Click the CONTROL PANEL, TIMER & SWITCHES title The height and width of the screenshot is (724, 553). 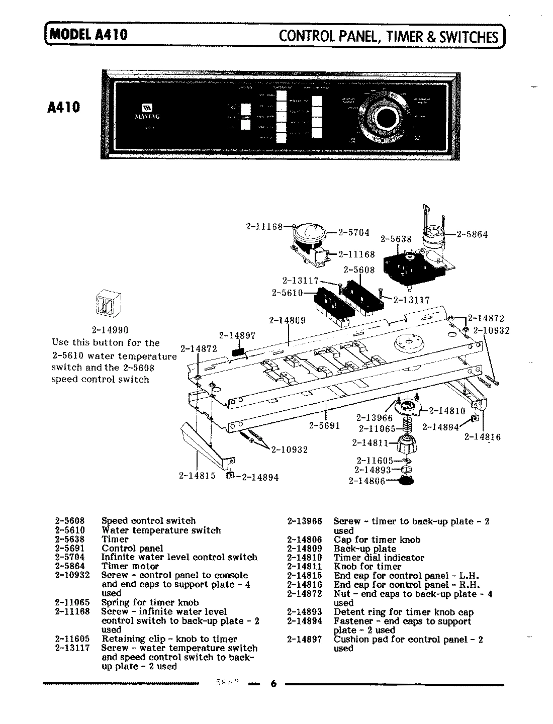[389, 37]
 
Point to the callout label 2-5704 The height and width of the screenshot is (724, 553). [353, 232]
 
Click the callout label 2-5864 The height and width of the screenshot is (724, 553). [472, 234]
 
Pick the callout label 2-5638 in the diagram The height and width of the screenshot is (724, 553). [396, 239]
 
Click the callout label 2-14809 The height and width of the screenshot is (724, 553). [287, 320]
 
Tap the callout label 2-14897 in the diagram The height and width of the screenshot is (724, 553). [237, 335]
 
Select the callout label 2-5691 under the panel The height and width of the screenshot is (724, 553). [324, 426]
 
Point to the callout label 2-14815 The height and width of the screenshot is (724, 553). [197, 476]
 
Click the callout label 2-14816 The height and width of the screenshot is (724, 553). [482, 437]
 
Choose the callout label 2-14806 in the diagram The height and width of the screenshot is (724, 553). [366, 481]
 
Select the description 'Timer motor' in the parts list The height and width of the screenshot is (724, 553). [130, 566]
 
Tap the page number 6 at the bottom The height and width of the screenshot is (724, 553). [273, 684]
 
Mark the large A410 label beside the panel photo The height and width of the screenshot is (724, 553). [65, 107]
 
